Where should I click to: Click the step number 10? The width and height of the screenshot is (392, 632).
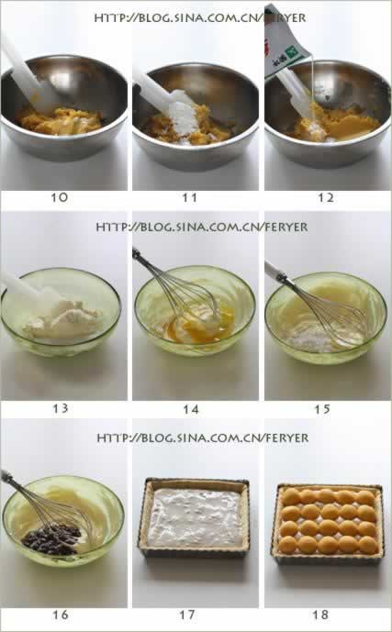coord(59,197)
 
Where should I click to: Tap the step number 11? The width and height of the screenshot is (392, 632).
coord(189,197)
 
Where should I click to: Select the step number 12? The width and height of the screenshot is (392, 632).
coord(326,197)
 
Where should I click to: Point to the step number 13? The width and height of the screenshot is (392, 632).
coord(60,409)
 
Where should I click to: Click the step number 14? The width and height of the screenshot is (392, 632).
coord(191,409)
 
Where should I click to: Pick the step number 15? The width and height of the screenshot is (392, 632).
coord(322,409)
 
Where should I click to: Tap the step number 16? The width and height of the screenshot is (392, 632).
coord(60,615)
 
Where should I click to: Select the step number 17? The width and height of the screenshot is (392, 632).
coord(187,615)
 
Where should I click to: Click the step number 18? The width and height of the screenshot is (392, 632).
coord(320,615)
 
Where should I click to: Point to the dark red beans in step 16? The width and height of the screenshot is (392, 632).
coord(51,538)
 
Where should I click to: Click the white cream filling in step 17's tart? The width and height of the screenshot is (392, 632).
coord(195,517)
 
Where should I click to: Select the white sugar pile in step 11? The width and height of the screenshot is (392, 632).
coord(184,117)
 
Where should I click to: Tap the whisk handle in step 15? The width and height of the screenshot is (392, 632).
coord(275,272)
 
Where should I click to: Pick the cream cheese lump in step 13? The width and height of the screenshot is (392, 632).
coord(62,319)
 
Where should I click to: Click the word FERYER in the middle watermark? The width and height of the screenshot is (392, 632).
coord(286,227)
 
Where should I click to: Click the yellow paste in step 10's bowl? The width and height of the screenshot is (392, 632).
coord(61,121)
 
